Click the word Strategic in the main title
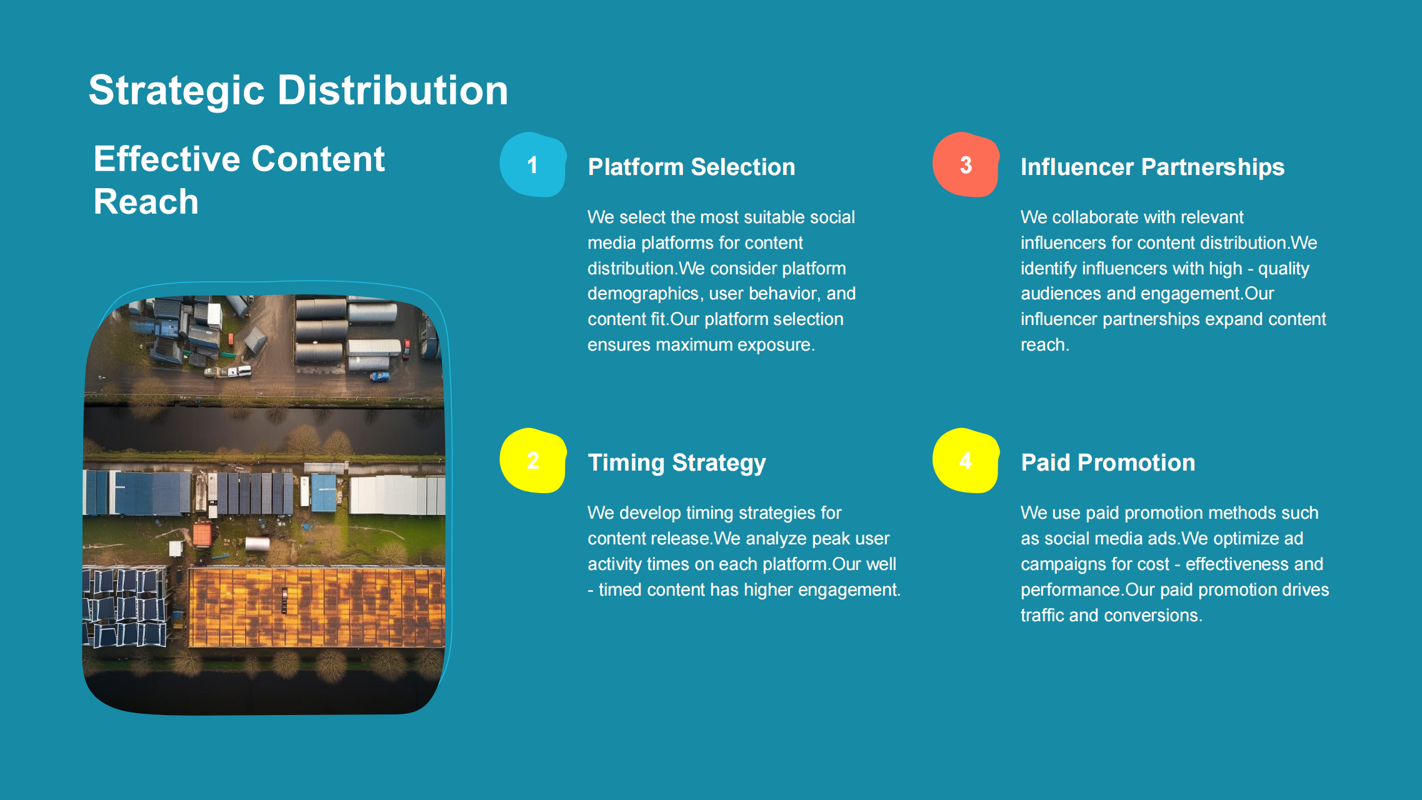178,91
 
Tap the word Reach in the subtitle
146,202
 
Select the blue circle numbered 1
533,164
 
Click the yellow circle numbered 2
533,461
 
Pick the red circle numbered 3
966,164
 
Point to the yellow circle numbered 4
966,461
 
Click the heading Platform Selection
691,167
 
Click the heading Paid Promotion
1108,462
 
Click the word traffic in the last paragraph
1043,615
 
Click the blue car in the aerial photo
380,377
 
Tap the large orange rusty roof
316,607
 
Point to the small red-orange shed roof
203,535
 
